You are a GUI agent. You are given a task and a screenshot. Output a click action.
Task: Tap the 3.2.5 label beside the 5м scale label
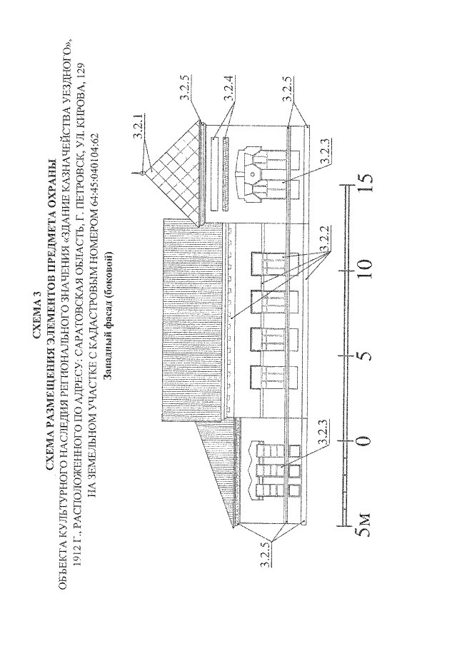[x=266, y=555]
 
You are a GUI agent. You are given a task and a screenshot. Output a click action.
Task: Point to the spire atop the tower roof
[x=140, y=173]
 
